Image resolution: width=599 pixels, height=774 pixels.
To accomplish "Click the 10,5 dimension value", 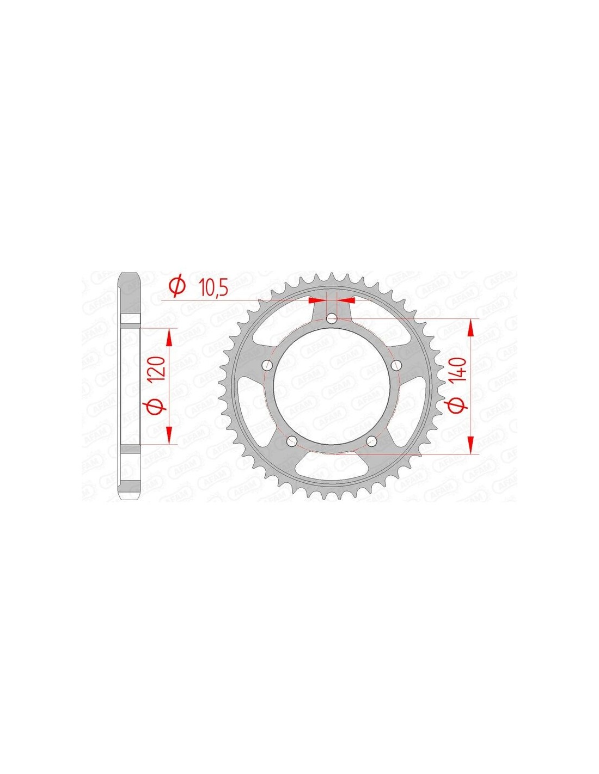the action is (213, 288).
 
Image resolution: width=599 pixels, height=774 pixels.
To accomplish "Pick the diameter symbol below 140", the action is (459, 406).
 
